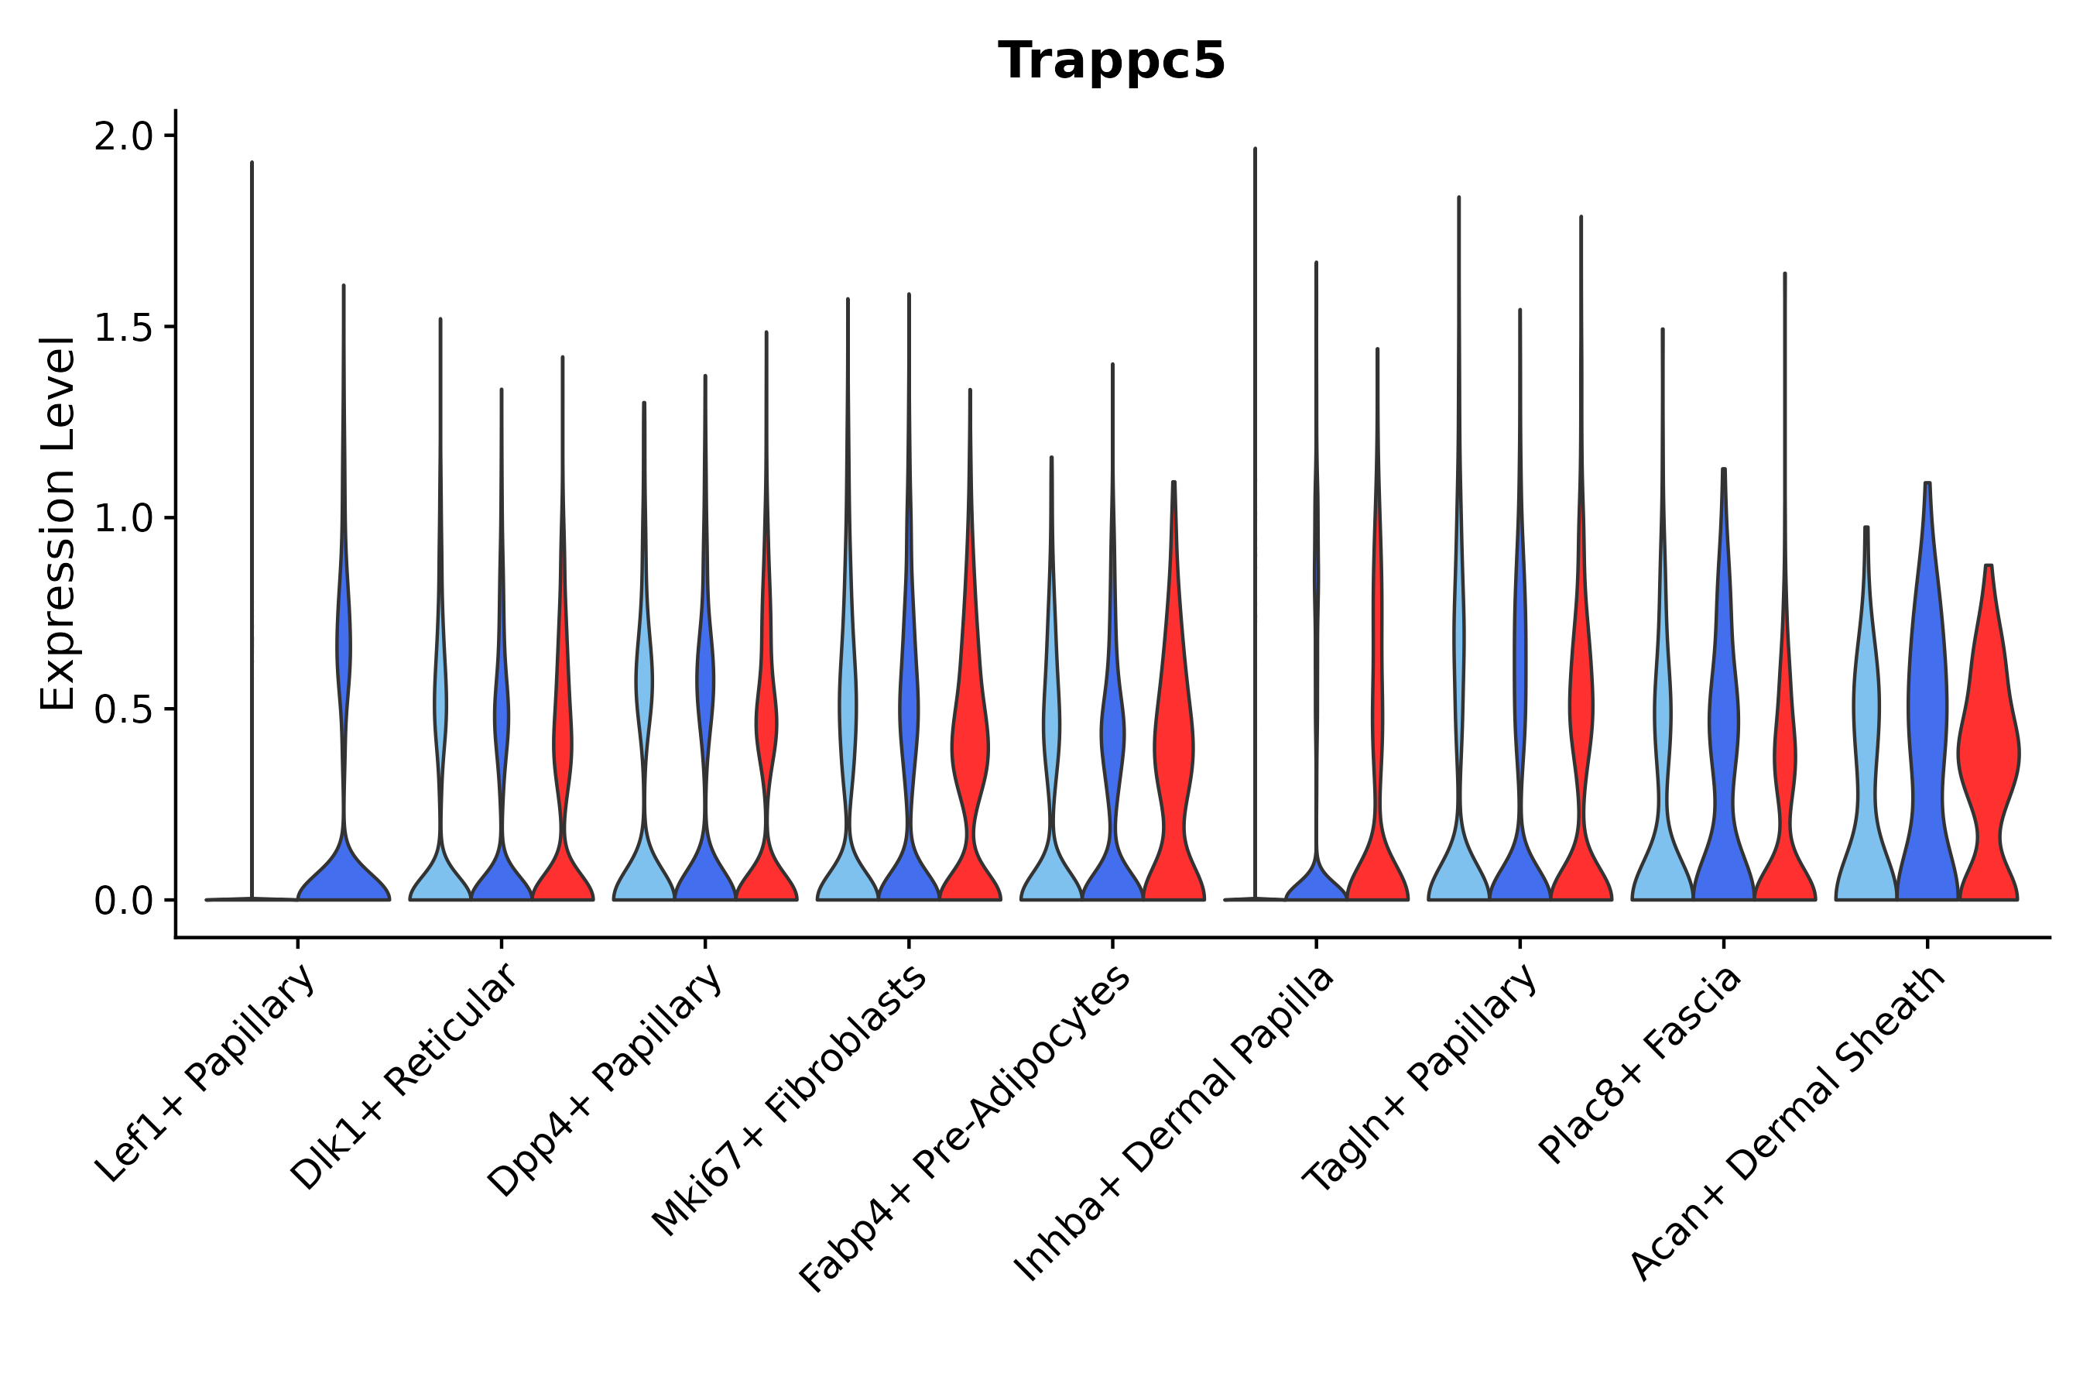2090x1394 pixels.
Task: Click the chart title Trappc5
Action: coord(1111,61)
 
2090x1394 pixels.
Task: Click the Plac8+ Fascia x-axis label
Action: coord(1640,1064)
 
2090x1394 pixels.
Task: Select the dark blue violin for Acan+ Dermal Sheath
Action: coord(1927,711)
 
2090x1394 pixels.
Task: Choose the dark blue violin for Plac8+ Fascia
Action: coord(1723,729)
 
